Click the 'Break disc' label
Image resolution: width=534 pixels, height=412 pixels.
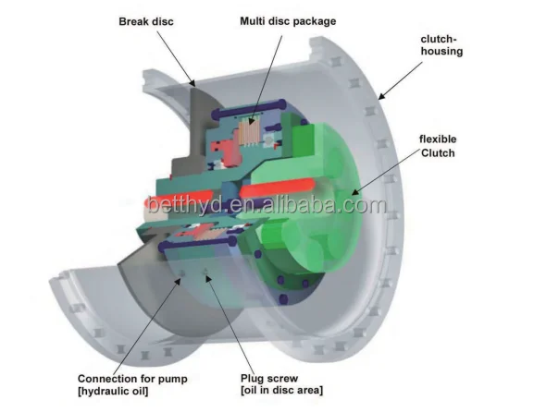pos(146,22)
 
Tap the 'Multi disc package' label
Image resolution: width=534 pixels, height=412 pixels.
pos(288,21)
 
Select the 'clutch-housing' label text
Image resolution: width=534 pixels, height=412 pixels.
pos(441,45)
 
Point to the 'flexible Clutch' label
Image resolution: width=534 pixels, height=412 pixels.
pos(438,146)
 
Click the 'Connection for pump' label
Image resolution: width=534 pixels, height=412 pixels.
pos(132,379)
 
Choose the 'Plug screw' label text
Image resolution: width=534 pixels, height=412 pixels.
pos(269,378)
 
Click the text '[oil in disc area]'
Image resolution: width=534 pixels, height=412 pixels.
pos(281,390)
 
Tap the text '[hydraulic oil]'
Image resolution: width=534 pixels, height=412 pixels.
pos(113,391)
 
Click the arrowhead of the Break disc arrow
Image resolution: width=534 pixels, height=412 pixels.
pos(192,83)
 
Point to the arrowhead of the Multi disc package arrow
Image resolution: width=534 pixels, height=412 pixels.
pos(251,121)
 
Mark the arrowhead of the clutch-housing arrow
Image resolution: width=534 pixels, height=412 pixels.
pos(381,97)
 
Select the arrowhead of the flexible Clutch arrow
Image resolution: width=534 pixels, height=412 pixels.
pos(354,192)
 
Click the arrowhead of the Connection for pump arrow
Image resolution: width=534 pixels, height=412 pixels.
pos(178,280)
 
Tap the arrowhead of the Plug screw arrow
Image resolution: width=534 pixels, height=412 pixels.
pos(208,279)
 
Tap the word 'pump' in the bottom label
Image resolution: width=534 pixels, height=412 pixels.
pos(173,380)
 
